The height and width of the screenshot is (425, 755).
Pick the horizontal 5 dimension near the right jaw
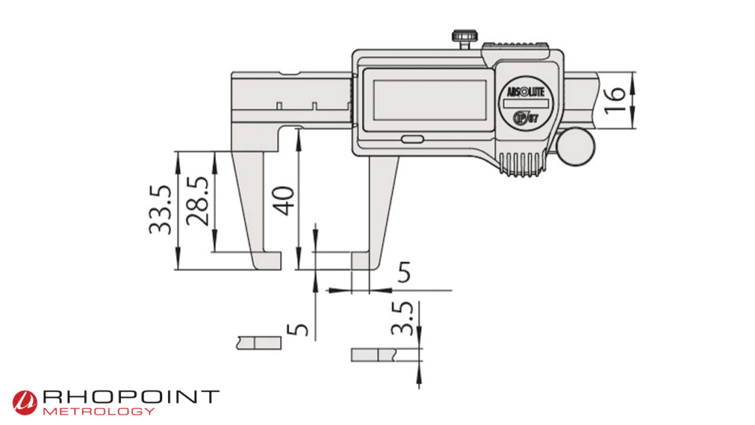pyautogui.click(x=404, y=272)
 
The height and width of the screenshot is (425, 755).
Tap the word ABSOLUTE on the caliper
pyautogui.click(x=524, y=91)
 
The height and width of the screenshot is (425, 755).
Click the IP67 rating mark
pyautogui.click(x=525, y=119)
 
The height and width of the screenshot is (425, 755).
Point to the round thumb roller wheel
pyautogui.click(x=575, y=145)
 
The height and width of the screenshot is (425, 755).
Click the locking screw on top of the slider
pyautogui.click(x=462, y=38)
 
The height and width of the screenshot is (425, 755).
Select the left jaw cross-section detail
pyautogui.click(x=260, y=342)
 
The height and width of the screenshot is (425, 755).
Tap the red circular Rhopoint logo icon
pyautogui.click(x=24, y=401)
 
